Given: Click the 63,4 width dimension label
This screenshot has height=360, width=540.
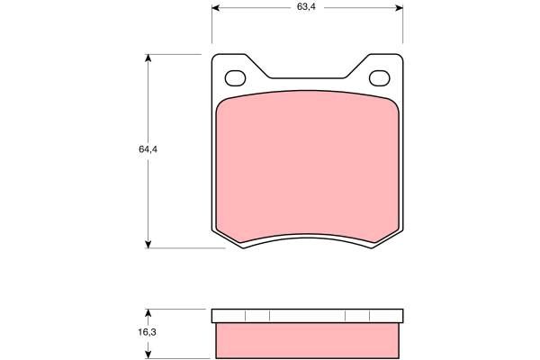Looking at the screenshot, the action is [306, 7].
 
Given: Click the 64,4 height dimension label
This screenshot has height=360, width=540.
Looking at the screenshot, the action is [148, 149].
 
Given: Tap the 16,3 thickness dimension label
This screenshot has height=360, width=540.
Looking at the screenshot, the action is [148, 332].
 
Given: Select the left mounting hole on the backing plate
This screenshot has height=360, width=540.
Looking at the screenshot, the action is [235, 78].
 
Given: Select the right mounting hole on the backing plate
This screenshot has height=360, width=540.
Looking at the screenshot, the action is [380, 78].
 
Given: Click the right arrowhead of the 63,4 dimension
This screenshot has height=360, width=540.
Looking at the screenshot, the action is [399, 7].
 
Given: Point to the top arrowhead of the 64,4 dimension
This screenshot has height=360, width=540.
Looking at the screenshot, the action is [148, 58].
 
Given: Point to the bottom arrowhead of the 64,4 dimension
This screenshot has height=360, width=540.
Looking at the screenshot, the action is [148, 244].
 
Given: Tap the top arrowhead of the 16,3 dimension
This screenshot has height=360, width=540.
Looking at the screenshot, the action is [148, 313].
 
